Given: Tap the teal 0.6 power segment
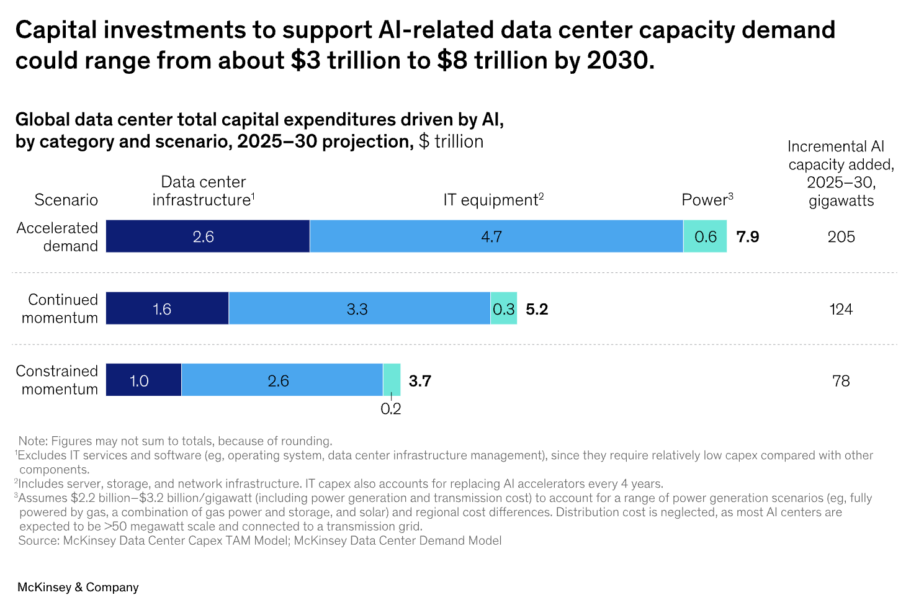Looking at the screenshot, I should [x=705, y=236].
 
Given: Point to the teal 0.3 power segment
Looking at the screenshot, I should [x=503, y=308].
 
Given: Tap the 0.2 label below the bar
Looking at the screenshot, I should [x=391, y=409].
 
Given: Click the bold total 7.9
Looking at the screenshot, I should [x=748, y=237].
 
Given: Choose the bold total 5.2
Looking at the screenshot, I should [x=537, y=309].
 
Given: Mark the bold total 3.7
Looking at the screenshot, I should [x=420, y=381].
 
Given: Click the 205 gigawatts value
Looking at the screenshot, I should [x=841, y=237].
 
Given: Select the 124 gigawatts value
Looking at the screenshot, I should [x=841, y=309].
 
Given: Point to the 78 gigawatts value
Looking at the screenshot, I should [x=841, y=381].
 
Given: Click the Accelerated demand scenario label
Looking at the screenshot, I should [x=58, y=237].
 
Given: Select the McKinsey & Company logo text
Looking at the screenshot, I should [x=78, y=587].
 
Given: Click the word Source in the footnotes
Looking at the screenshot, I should [x=38, y=540].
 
